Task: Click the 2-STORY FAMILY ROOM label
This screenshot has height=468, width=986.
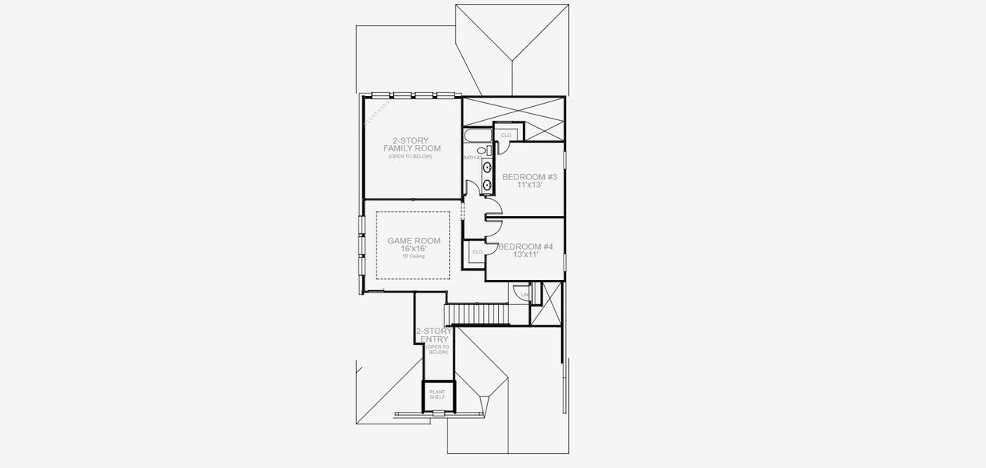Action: tap(412, 144)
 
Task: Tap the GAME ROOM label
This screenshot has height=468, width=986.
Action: tap(414, 241)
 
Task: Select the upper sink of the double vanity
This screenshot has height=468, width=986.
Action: tap(487, 167)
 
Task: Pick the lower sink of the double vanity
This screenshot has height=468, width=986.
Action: tap(487, 185)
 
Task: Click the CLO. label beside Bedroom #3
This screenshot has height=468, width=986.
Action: tap(506, 136)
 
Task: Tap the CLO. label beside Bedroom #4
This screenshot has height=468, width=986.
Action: tap(477, 252)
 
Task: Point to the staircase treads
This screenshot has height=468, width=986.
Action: tap(476, 314)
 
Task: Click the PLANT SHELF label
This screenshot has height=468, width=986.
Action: tap(437, 395)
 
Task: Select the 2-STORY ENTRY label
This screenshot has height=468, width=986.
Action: tap(434, 335)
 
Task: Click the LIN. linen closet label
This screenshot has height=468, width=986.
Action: tap(525, 294)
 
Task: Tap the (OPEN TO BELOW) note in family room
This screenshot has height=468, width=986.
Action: tap(411, 157)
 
